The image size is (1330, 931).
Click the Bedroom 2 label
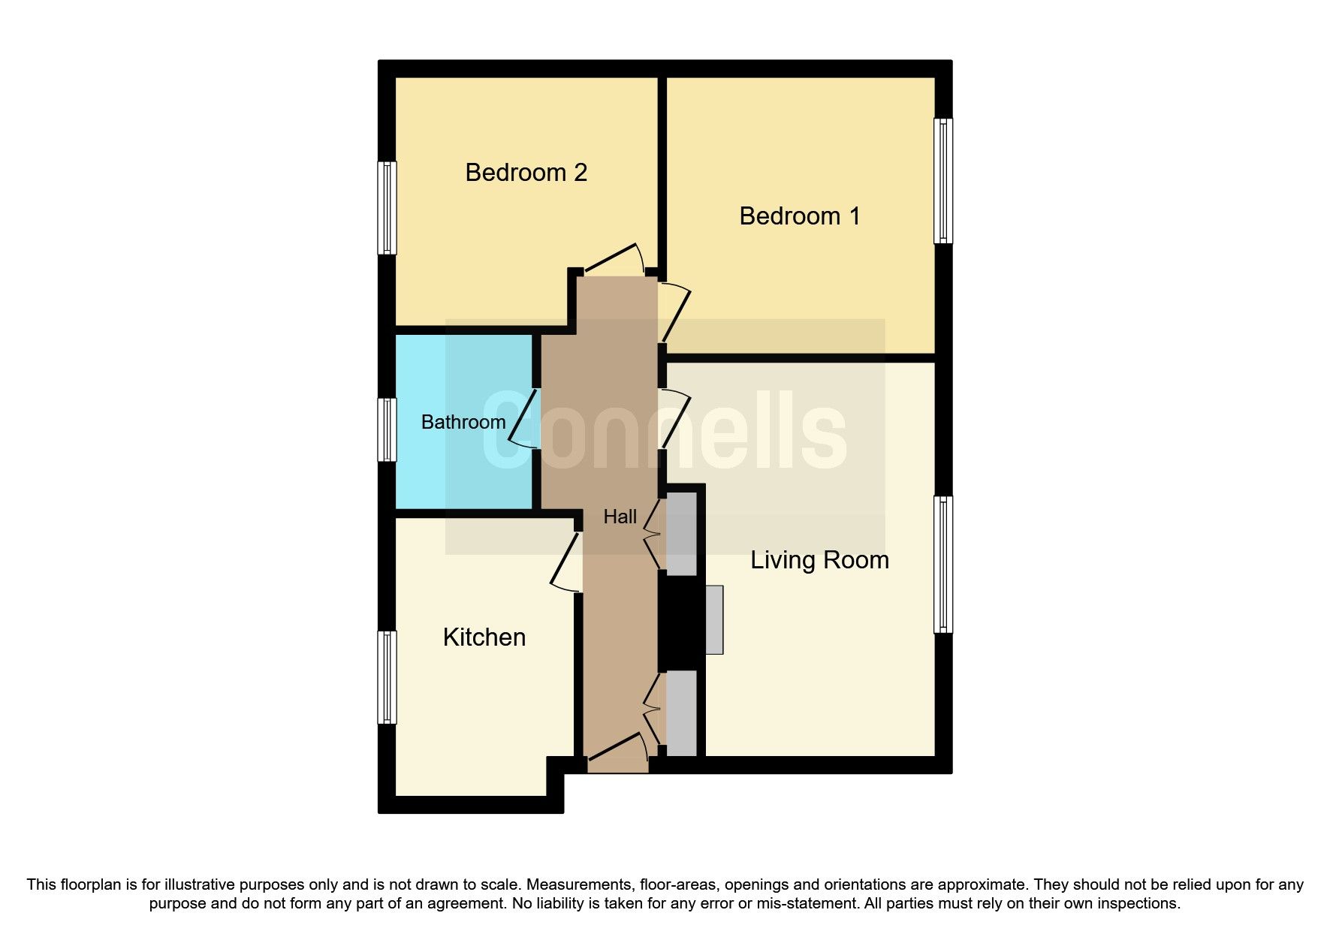tap(526, 173)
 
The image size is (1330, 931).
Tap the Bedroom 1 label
tap(799, 216)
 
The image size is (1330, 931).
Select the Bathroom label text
tap(463, 422)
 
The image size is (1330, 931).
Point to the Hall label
tap(620, 517)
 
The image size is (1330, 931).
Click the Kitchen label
tap(484, 637)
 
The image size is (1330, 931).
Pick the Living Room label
tap(819, 560)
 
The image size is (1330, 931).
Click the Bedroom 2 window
tap(387, 208)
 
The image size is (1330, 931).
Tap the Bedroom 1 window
tap(943, 181)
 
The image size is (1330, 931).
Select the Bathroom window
tap(387, 429)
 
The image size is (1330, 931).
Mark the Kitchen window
tap(387, 677)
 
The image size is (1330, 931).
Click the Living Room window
tap(943, 565)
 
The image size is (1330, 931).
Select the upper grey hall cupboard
tap(681, 534)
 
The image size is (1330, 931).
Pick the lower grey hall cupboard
tap(681, 713)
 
